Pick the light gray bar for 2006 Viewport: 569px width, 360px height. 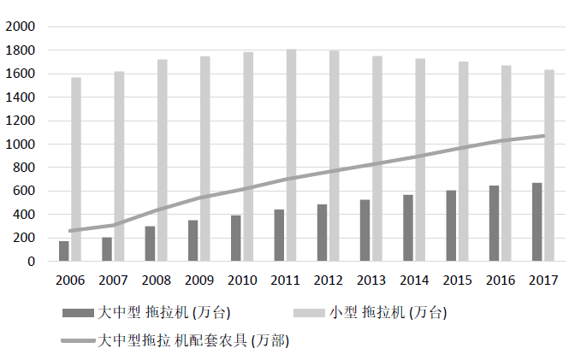[x=76, y=169]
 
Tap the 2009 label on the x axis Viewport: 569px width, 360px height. [x=199, y=280]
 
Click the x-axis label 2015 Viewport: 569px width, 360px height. [x=458, y=280]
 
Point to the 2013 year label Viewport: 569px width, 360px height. [x=371, y=280]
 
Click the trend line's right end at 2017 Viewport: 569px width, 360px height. [x=543, y=135]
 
